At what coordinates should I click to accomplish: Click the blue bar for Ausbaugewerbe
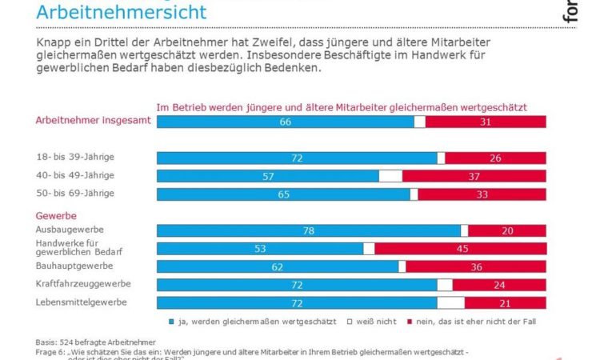[309, 230]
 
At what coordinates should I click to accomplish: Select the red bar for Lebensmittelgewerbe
[505, 302]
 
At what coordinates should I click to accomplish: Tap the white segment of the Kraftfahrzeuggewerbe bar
[445, 284]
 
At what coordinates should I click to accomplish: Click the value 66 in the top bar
[284, 122]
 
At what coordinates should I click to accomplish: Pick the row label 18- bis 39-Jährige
[76, 158]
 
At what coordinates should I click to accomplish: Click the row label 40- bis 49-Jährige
[76, 175]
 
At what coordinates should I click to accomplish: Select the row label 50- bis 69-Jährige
[76, 194]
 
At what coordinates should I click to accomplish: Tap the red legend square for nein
[408, 322]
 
